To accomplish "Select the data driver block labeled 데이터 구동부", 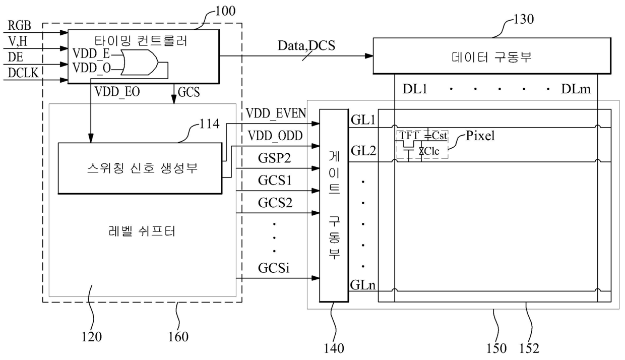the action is click(491, 56).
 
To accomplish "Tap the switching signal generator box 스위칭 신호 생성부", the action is click(140, 168).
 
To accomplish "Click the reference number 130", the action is click(523, 19).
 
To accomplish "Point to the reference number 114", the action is click(209, 124).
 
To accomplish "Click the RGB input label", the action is click(19, 25).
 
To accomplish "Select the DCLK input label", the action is click(23, 73).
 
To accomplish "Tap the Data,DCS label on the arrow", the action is click(306, 45).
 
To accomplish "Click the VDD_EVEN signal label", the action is click(276, 113).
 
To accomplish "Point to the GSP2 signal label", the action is click(275, 158).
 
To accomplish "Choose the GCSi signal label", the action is click(274, 268).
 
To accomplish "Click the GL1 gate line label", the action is click(363, 119).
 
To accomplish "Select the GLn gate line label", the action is click(363, 285).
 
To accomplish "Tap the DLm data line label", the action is click(576, 89).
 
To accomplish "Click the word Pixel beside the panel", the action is click(480, 136).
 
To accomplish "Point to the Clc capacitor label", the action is click(431, 151).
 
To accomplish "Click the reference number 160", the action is click(178, 337).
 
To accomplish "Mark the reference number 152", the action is click(529, 348).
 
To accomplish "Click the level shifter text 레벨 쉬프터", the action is click(142, 231).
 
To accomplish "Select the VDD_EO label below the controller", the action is click(117, 92).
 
